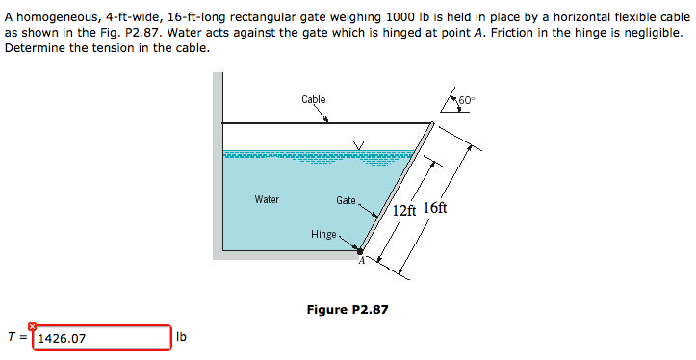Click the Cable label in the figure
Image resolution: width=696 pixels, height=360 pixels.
point(313,99)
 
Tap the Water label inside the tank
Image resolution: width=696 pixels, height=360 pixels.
point(267,200)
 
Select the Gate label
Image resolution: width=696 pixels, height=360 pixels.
point(346,200)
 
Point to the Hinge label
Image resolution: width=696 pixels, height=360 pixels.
point(323,234)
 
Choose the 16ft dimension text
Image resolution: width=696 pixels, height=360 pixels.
point(435,209)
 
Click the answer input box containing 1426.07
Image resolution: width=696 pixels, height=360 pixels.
point(102,339)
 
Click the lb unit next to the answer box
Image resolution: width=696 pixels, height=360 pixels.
point(183,338)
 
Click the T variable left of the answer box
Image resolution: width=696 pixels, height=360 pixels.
point(10,338)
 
